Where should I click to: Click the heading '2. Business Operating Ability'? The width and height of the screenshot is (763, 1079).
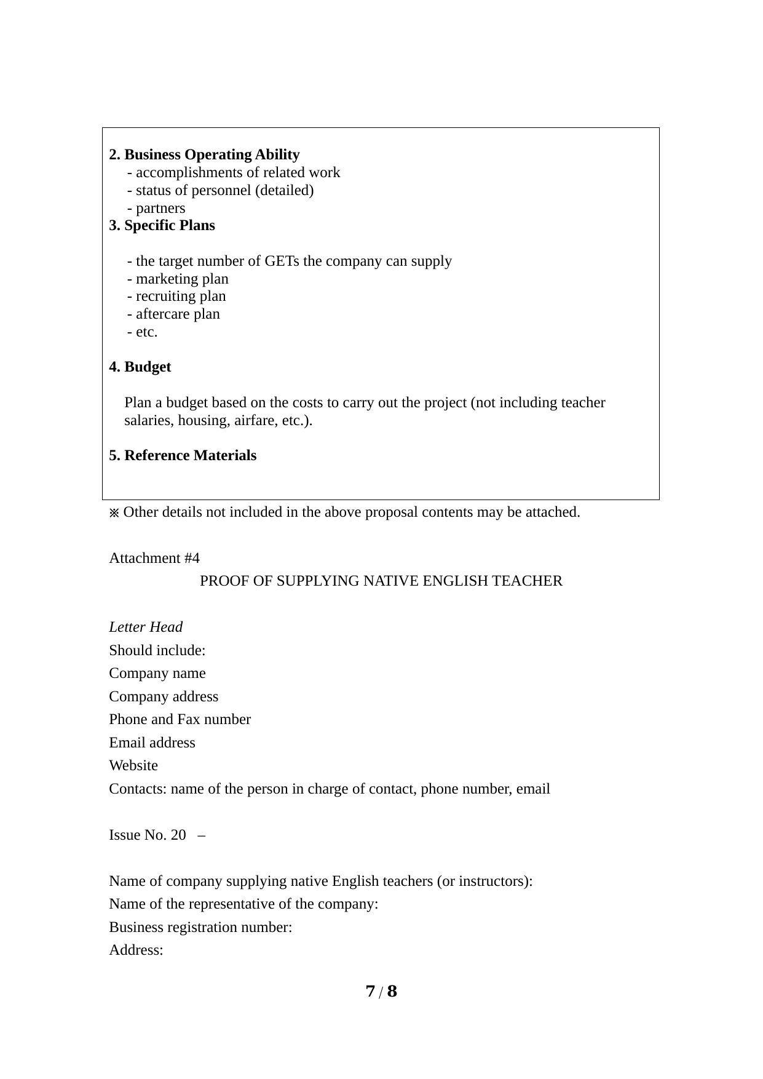point(204,154)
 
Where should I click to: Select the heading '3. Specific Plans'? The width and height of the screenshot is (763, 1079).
point(162,226)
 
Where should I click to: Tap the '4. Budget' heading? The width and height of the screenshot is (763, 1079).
point(140,367)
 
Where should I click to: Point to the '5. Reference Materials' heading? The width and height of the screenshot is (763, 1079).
point(183,456)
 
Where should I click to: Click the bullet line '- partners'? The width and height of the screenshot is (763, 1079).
point(156,209)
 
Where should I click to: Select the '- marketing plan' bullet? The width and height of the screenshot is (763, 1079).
point(178,279)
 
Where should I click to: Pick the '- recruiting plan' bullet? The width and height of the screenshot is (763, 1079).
point(176,297)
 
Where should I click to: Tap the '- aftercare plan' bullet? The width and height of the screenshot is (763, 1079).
point(173,314)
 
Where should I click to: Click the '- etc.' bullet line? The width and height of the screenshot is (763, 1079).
point(142,332)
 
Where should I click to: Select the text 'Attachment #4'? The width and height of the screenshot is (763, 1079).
point(154,559)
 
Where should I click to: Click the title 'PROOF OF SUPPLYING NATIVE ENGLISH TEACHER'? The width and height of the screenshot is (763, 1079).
point(381,581)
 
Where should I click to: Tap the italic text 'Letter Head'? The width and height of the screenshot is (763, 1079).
point(146,627)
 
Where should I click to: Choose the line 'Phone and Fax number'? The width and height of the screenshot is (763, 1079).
point(180,720)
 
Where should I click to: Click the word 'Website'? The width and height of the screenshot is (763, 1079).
point(133,766)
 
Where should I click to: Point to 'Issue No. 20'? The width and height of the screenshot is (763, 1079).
point(148,835)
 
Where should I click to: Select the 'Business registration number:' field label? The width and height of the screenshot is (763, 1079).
point(200,928)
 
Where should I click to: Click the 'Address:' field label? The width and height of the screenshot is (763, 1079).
point(136,950)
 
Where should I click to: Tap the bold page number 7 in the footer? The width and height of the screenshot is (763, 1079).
point(370,992)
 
